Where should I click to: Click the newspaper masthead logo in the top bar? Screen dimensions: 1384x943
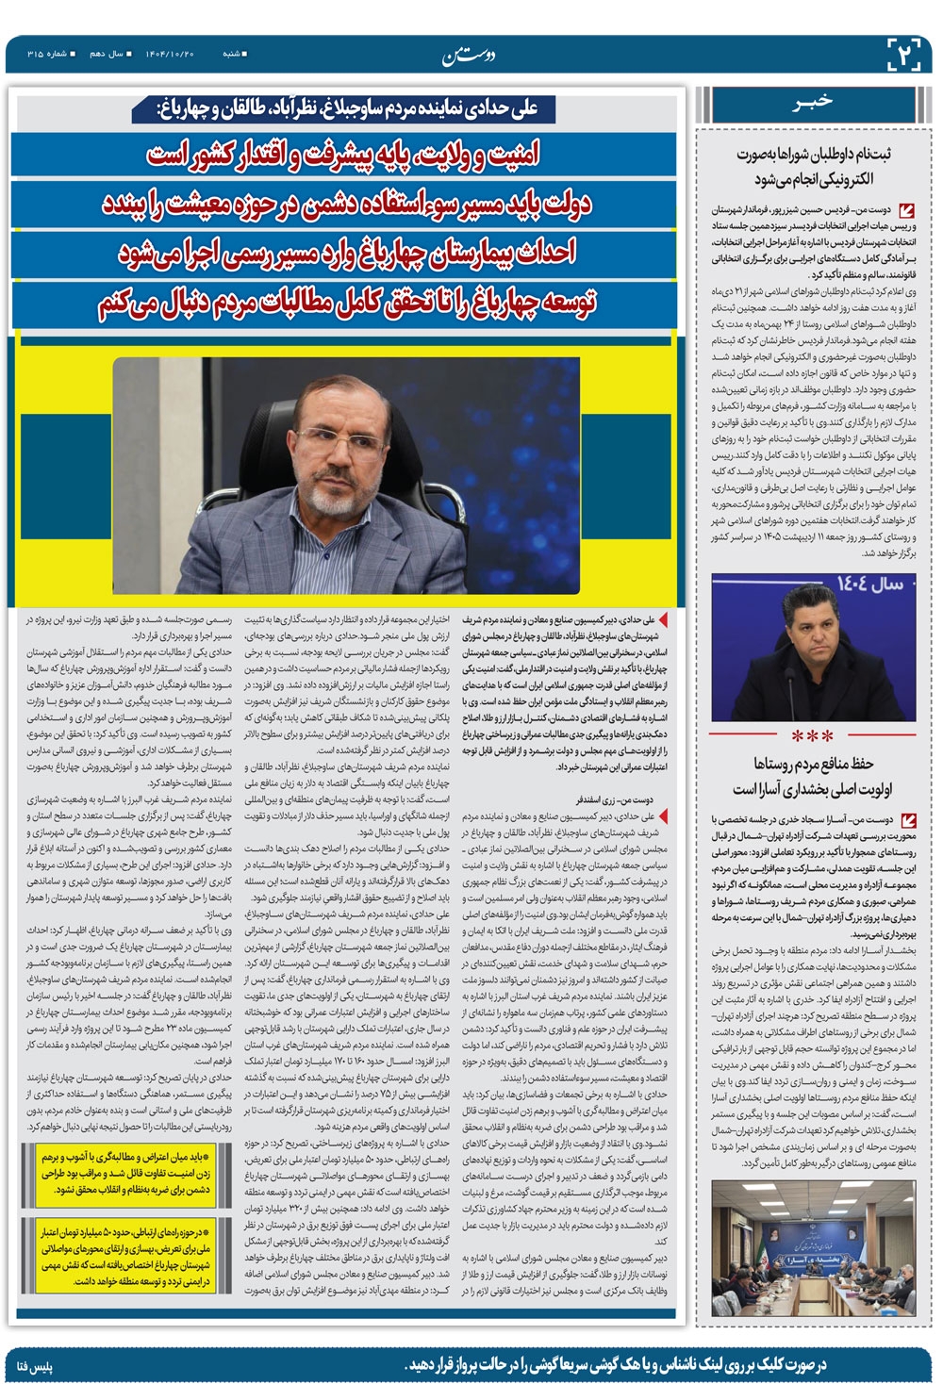[470, 55]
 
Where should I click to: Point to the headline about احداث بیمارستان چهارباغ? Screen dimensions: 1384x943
[345, 254]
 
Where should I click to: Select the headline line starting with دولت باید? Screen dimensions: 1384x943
[345, 205]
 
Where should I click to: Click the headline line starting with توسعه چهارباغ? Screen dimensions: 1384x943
[345, 303]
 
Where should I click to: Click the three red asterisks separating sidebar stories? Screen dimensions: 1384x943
[813, 736]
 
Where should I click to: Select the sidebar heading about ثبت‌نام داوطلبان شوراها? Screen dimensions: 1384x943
[813, 166]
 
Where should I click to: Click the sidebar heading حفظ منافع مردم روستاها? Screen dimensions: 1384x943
[813, 775]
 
